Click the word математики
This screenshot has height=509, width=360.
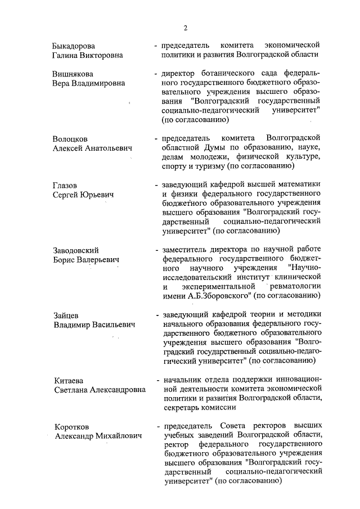tap(296, 185)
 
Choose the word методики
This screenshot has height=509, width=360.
tap(303, 314)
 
